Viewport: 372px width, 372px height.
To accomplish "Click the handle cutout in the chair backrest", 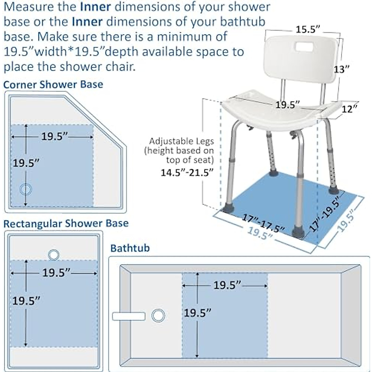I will click(304, 47).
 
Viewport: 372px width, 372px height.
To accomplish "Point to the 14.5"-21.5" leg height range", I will click(187, 172).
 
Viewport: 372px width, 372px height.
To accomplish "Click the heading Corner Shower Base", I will click(53, 84).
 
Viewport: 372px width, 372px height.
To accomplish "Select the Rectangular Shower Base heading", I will click(66, 224).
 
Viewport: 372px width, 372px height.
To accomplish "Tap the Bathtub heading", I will click(130, 248).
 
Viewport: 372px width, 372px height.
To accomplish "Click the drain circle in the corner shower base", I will click(26, 189).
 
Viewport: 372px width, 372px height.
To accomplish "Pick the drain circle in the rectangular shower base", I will click(54, 255).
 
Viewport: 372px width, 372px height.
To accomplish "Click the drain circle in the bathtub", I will click(158, 316).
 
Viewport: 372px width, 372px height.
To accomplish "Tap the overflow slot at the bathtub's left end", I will click(129, 316).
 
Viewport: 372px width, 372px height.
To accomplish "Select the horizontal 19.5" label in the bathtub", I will click(227, 285).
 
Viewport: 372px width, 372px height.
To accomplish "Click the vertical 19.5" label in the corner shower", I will click(26, 163).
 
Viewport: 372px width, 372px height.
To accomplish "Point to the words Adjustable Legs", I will click(181, 141).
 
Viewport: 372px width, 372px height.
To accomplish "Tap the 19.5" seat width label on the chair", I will click(288, 105).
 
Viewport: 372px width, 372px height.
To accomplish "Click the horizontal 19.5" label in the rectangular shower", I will click(56, 273).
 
